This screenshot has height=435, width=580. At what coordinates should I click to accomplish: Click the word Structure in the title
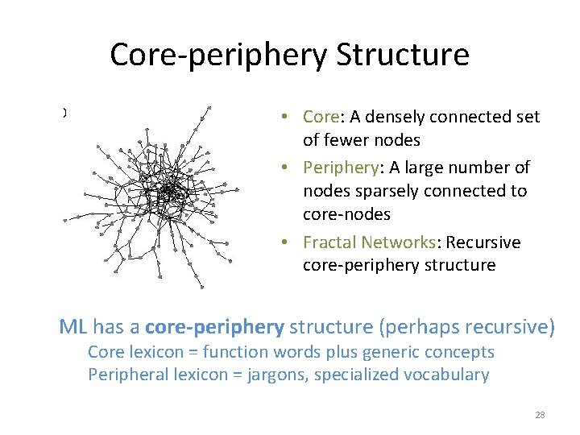(x=403, y=56)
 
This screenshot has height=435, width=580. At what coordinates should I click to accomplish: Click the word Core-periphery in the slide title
(x=217, y=56)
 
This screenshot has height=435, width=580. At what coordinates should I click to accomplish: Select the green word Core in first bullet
(x=321, y=117)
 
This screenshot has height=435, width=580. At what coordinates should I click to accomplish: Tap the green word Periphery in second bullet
(x=338, y=168)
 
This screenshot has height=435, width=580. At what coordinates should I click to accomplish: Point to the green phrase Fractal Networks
(x=371, y=242)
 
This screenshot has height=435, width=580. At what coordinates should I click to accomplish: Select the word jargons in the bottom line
(x=288, y=375)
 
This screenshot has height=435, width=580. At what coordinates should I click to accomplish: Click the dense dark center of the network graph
(x=169, y=192)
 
